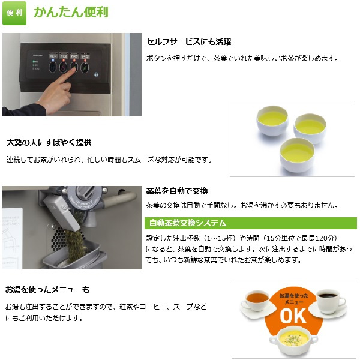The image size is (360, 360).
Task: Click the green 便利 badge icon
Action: coord(14,13)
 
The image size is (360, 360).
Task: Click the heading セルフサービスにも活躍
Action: coord(188,42)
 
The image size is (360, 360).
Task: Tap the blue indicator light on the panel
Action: coord(53,60)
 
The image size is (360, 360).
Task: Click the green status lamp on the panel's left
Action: coord(34,62)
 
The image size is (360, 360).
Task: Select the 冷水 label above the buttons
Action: coord(53,56)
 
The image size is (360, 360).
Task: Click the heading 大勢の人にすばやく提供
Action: coord(49,142)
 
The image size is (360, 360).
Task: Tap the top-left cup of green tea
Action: coord(272,121)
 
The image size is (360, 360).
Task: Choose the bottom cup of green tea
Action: coord(297,155)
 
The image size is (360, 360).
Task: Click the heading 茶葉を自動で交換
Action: coord(177,191)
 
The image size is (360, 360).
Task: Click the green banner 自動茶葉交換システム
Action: coord(251,223)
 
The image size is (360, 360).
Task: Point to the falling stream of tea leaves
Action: coord(74,244)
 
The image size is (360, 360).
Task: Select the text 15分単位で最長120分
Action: coord(299,238)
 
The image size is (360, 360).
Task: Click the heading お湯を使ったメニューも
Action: coord(47,289)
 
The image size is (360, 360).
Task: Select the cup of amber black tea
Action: coord(257,301)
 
